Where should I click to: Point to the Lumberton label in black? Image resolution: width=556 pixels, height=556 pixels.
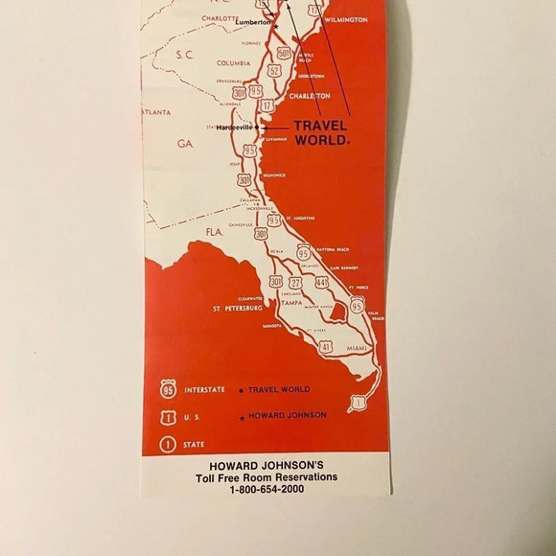[x=254, y=21]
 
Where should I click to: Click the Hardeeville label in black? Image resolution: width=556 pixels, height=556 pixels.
[x=233, y=127]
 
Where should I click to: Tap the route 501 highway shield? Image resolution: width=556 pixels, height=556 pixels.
[x=284, y=54]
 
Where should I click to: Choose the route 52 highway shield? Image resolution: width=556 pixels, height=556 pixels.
[x=274, y=70]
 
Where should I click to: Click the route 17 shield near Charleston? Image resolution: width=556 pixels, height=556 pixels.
[x=266, y=104]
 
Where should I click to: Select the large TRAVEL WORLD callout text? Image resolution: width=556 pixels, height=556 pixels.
[x=321, y=131]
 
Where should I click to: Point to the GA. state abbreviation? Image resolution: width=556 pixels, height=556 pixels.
[x=185, y=142]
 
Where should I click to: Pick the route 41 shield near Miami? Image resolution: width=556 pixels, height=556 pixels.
[x=326, y=346]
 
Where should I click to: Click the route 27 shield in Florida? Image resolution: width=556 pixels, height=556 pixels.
[x=296, y=283]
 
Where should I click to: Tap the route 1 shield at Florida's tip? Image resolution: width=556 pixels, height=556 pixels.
[x=359, y=403]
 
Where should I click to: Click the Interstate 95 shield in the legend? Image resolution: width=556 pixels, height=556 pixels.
[x=170, y=389]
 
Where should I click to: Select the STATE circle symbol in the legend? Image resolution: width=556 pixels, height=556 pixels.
[x=170, y=444]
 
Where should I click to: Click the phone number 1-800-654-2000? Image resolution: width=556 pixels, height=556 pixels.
[x=266, y=490]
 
